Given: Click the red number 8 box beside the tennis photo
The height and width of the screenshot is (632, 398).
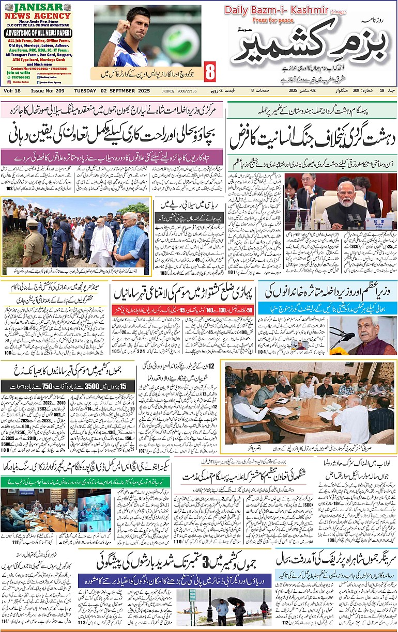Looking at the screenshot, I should [x=210, y=72].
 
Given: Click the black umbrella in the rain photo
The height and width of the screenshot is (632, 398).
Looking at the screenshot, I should [x=236, y=602].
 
